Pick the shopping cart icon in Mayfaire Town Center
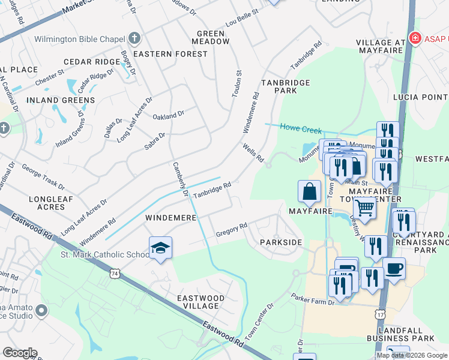364,209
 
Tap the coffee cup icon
394,269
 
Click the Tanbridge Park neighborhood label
285,86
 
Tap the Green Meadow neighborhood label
211,37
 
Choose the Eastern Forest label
170,54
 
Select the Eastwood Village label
200,302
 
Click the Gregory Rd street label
232,229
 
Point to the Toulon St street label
238,85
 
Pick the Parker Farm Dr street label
313,299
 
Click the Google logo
20,353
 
